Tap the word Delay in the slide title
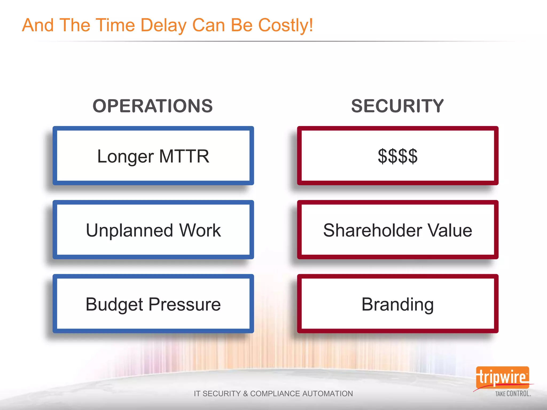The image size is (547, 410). [x=163, y=26]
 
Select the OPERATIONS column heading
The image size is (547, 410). [x=153, y=106]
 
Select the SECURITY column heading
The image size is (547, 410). [x=397, y=106]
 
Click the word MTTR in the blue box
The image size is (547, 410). [x=184, y=156]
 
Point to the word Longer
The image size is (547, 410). [x=125, y=157]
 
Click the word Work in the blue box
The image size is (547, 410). [x=200, y=230]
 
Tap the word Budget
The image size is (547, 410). [x=114, y=305]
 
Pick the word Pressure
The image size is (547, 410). [x=185, y=304]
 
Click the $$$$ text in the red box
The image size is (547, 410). [x=397, y=156]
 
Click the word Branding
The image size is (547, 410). [x=397, y=305]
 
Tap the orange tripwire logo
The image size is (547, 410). [x=502, y=377]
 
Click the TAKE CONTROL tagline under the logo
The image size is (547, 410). [x=513, y=394]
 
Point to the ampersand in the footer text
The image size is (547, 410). [x=245, y=394]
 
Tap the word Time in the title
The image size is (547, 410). [x=115, y=26]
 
